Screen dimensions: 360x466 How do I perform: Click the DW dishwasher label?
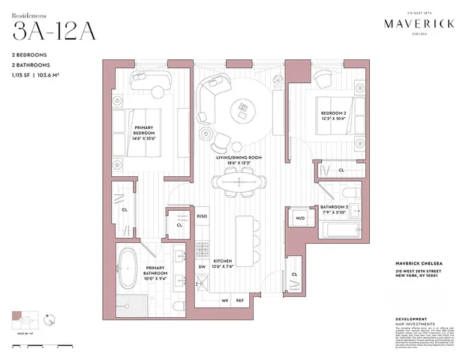point(201,266)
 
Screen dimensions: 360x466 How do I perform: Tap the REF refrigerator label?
point(240,301)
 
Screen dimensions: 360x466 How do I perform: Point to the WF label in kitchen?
point(224,301)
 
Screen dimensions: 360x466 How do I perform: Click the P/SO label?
point(201,216)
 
